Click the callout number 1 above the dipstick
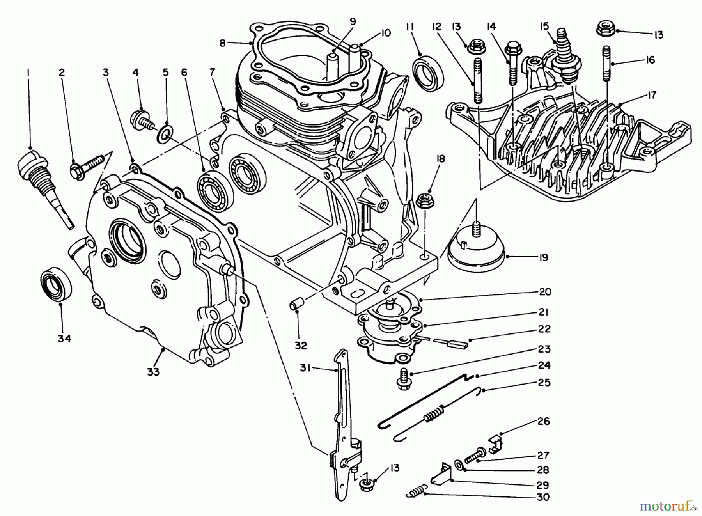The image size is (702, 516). point(28,73)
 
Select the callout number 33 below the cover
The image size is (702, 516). point(153,372)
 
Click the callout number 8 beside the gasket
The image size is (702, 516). point(222,43)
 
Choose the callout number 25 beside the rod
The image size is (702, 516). point(543,383)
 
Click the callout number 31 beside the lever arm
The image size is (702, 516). point(305,367)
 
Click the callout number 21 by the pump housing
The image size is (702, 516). point(543,312)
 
